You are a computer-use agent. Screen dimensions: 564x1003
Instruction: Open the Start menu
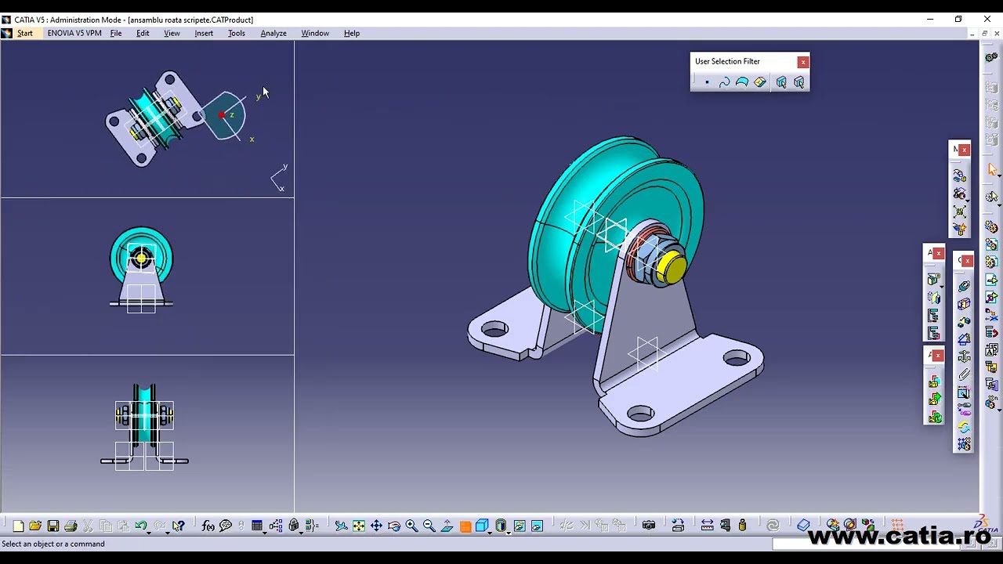(24, 33)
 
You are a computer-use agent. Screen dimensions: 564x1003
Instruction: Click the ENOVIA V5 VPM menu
(74, 33)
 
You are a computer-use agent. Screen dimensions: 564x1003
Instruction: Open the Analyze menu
(273, 33)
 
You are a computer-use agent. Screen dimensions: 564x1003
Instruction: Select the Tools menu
(236, 33)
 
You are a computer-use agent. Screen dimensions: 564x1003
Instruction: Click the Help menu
(351, 33)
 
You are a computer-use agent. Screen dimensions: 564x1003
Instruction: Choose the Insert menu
(204, 33)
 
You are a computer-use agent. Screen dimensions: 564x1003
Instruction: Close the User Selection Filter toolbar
(802, 62)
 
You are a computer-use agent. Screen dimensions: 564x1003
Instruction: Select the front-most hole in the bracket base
(641, 413)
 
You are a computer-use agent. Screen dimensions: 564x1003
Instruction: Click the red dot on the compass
(222, 116)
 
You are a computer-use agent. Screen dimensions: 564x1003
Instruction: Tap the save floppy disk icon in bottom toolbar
(53, 526)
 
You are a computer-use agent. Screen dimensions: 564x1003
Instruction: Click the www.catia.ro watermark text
(899, 537)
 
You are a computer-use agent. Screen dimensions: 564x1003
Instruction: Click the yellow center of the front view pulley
(141, 258)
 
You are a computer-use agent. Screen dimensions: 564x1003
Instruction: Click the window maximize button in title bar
(958, 20)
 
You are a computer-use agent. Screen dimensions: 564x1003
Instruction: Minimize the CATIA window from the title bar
(930, 20)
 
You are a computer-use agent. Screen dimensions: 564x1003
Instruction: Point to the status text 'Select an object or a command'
(53, 544)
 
